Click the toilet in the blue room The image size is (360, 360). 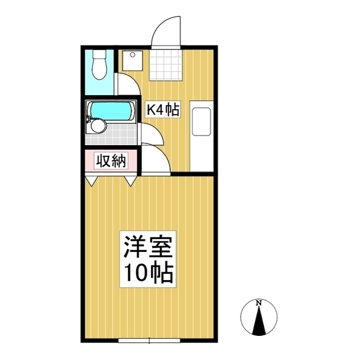100,65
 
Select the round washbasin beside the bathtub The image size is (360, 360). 98,125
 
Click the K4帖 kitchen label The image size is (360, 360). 163,110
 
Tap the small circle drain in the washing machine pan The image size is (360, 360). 132,55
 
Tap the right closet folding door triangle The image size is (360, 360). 130,180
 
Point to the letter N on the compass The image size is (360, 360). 259,304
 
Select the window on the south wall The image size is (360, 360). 150,340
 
